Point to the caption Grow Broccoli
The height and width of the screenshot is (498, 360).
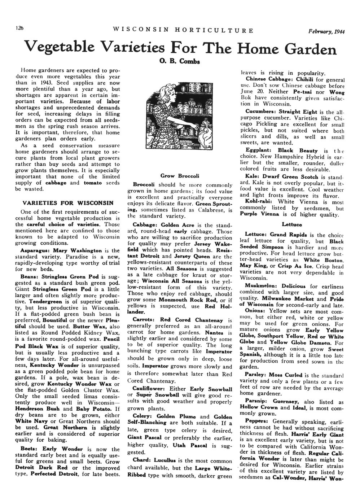[x=180, y=176]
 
